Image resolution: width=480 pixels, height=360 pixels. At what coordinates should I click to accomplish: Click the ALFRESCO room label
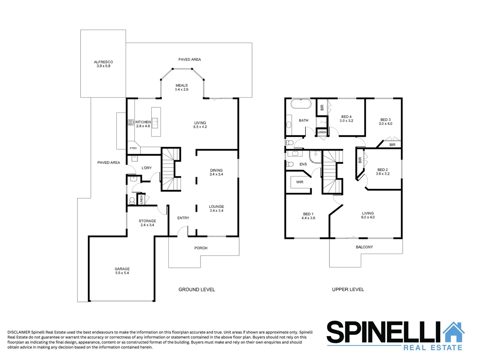[103, 62]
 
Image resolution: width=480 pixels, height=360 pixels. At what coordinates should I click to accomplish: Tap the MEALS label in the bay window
[182, 85]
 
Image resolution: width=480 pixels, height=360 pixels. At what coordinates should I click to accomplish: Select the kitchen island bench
[156, 122]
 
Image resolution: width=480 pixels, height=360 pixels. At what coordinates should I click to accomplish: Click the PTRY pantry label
[133, 148]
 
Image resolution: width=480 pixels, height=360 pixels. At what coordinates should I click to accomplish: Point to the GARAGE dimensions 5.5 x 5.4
[122, 273]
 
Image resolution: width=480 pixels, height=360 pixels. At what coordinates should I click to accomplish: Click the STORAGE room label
[147, 221]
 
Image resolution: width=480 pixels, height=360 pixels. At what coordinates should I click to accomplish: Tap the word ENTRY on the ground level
[183, 218]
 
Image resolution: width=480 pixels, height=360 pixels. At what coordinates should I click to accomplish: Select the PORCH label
[201, 248]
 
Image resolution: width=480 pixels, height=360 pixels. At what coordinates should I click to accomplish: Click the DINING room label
[216, 170]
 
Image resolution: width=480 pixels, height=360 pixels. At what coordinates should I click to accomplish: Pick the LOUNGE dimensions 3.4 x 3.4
[217, 211]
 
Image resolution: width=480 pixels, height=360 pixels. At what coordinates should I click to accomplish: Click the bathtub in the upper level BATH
[301, 104]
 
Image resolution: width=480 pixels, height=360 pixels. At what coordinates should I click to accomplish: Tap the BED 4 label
[346, 117]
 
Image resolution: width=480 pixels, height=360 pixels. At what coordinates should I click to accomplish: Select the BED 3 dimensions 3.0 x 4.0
[385, 124]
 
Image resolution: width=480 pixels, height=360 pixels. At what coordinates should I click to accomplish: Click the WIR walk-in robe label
[300, 182]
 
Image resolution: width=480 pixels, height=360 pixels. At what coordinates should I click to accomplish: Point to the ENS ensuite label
[303, 164]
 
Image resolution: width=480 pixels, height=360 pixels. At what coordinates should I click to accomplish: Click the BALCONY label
[364, 247]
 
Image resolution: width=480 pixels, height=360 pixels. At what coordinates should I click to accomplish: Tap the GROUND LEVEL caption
[197, 289]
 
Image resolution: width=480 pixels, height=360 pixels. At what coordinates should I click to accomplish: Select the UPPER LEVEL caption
[348, 289]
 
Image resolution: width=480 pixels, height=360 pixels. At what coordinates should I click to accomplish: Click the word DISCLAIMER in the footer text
[19, 332]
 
